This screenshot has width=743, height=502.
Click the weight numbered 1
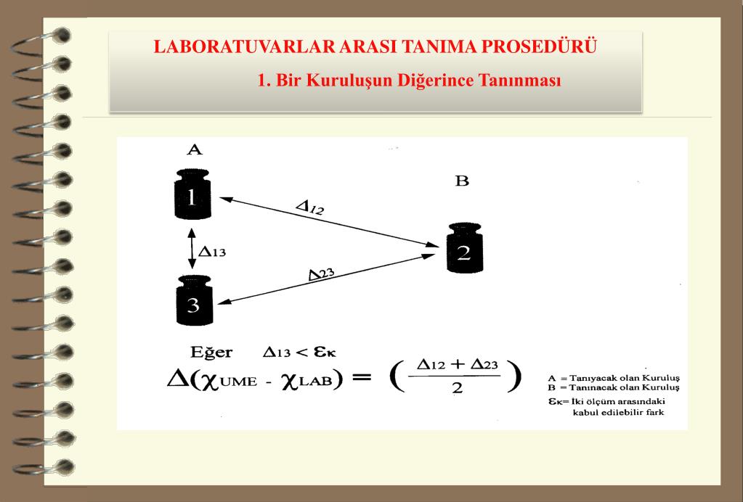(x=192, y=197)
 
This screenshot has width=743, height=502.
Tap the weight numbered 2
(x=463, y=251)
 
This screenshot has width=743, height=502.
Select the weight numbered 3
(x=192, y=303)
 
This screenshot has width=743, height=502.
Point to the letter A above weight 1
(x=194, y=150)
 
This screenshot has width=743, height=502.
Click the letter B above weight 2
(x=462, y=181)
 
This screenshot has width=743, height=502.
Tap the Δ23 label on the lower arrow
(x=321, y=273)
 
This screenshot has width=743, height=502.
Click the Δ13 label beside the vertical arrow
(x=213, y=252)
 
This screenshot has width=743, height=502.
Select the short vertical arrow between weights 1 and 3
(x=191, y=249)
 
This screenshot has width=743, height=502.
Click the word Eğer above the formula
(x=211, y=353)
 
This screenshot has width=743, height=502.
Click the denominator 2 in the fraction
(x=456, y=388)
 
